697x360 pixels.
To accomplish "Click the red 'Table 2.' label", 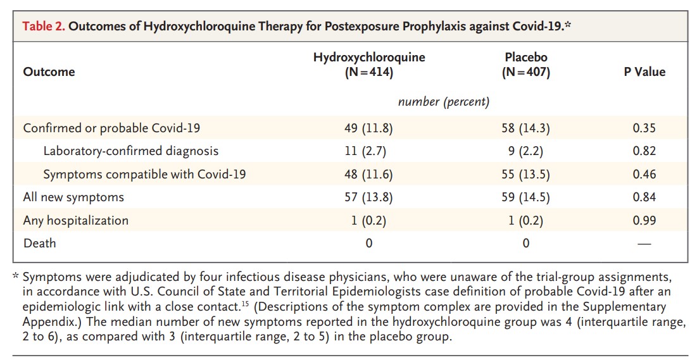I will point(44,26).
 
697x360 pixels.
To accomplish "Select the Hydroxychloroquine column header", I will point(369,65).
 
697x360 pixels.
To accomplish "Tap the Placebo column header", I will point(525,65).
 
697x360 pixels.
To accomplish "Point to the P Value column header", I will point(644,72).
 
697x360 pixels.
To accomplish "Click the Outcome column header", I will point(49,72).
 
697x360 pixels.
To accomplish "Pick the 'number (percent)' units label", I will point(443,101).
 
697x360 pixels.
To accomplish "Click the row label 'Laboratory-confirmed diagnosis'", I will point(131,151).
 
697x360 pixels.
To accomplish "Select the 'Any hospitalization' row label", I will point(75,220).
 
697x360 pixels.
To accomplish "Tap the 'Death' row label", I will point(39,244).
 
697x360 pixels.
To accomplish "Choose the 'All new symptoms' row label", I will point(73,197).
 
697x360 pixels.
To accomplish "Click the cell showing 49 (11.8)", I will point(369,128).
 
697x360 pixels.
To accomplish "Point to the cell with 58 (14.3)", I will point(525,128).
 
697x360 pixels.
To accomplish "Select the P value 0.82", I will point(644,151).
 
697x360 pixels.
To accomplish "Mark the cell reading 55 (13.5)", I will point(525,174).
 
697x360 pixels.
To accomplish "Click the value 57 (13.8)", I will point(369,197).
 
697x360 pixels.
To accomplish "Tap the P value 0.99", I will point(644,220).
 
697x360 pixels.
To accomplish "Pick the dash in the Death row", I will point(644,244).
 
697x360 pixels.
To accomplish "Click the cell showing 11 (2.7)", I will point(369,151).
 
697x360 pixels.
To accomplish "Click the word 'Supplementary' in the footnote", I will point(611,307).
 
